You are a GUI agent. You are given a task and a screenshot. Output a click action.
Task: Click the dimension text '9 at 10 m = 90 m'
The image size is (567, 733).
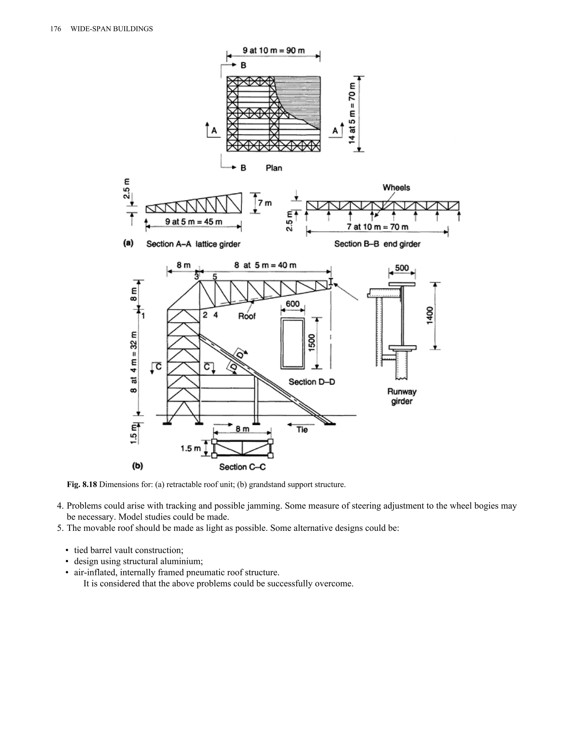click(274, 51)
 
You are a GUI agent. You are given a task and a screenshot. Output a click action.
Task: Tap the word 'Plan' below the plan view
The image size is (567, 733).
click(274, 168)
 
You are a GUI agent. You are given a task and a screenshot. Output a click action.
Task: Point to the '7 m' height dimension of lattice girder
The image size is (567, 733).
click(265, 203)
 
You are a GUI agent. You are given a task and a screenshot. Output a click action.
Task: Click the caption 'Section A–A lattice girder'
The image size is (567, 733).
click(193, 244)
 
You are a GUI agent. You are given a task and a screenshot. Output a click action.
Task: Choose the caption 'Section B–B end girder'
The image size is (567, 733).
click(377, 244)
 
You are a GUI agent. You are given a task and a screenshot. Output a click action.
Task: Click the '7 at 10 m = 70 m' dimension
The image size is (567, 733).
click(377, 227)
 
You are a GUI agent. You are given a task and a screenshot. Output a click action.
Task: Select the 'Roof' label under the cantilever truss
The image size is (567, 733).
click(247, 316)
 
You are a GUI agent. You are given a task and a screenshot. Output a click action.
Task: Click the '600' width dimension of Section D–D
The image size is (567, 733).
click(292, 304)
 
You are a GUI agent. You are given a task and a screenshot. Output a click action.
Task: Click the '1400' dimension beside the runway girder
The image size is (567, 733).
click(430, 316)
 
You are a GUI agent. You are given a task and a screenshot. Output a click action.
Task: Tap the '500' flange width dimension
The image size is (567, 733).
click(402, 268)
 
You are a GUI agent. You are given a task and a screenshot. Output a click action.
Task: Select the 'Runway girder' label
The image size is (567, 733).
click(402, 396)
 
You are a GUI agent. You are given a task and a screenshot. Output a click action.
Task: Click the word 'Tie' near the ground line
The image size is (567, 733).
click(302, 430)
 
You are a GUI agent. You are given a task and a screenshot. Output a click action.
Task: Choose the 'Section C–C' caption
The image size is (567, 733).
click(242, 467)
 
